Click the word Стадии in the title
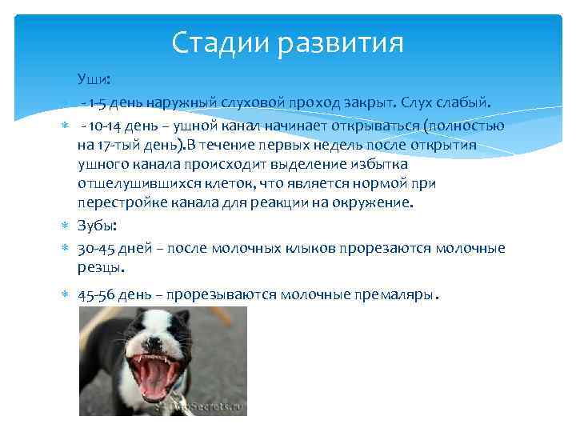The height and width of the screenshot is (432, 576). [x=220, y=42]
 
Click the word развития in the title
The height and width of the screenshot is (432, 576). [x=341, y=43]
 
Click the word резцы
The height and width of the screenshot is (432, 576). [x=101, y=267]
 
